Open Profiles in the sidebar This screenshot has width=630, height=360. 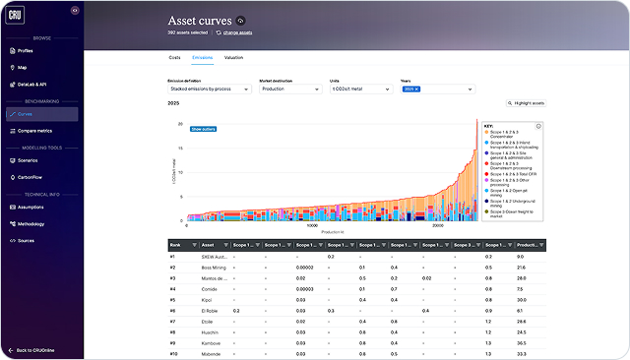pos(26,50)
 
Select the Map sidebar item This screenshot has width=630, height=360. pos(23,68)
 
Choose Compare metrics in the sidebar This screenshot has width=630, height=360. pos(34,130)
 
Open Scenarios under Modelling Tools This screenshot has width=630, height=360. pos(28,160)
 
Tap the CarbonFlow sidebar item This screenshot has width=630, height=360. pos(30,178)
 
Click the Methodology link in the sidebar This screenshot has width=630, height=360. pos(31,223)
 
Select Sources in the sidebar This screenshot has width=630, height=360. pos(27,240)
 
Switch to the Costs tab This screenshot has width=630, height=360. pos(173,58)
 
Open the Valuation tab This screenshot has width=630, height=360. pos(233,58)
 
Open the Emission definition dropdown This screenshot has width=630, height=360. pos(209,90)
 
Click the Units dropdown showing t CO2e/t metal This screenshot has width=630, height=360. pos(360,90)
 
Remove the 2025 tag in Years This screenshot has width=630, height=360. pos(416,90)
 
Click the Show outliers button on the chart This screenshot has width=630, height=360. pos(203,129)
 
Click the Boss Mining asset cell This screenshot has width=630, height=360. pos(216,268)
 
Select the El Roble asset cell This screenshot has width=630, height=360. pos(211,311)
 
